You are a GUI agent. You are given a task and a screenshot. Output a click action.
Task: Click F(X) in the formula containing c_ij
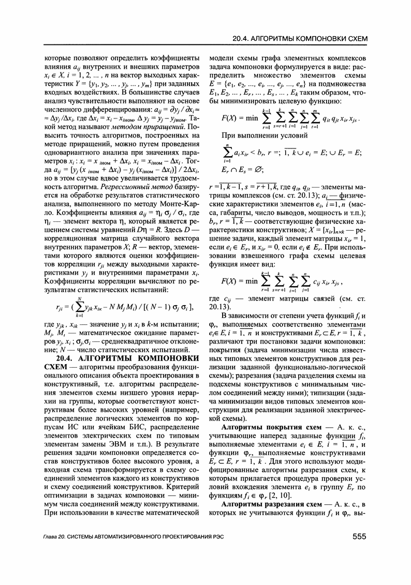229,282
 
